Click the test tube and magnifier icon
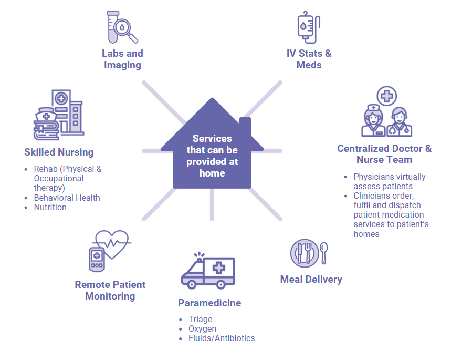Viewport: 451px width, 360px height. click(122, 27)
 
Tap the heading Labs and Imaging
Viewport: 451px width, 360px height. click(122, 59)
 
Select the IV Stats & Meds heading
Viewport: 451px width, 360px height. click(309, 59)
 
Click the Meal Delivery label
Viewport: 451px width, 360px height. click(311, 279)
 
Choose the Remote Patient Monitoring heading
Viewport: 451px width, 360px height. click(110, 290)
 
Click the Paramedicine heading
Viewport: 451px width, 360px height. click(209, 303)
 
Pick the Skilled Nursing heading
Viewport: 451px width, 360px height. click(59, 152)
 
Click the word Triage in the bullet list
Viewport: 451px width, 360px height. click(201, 319)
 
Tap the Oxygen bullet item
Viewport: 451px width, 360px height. click(202, 328)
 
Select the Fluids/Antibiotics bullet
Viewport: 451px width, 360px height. click(222, 338)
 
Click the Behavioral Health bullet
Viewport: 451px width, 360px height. click(67, 198)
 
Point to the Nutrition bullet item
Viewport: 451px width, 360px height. click(50, 207)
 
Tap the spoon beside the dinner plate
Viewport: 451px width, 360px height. click(324, 252)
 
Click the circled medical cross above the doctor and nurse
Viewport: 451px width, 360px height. click(387, 96)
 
